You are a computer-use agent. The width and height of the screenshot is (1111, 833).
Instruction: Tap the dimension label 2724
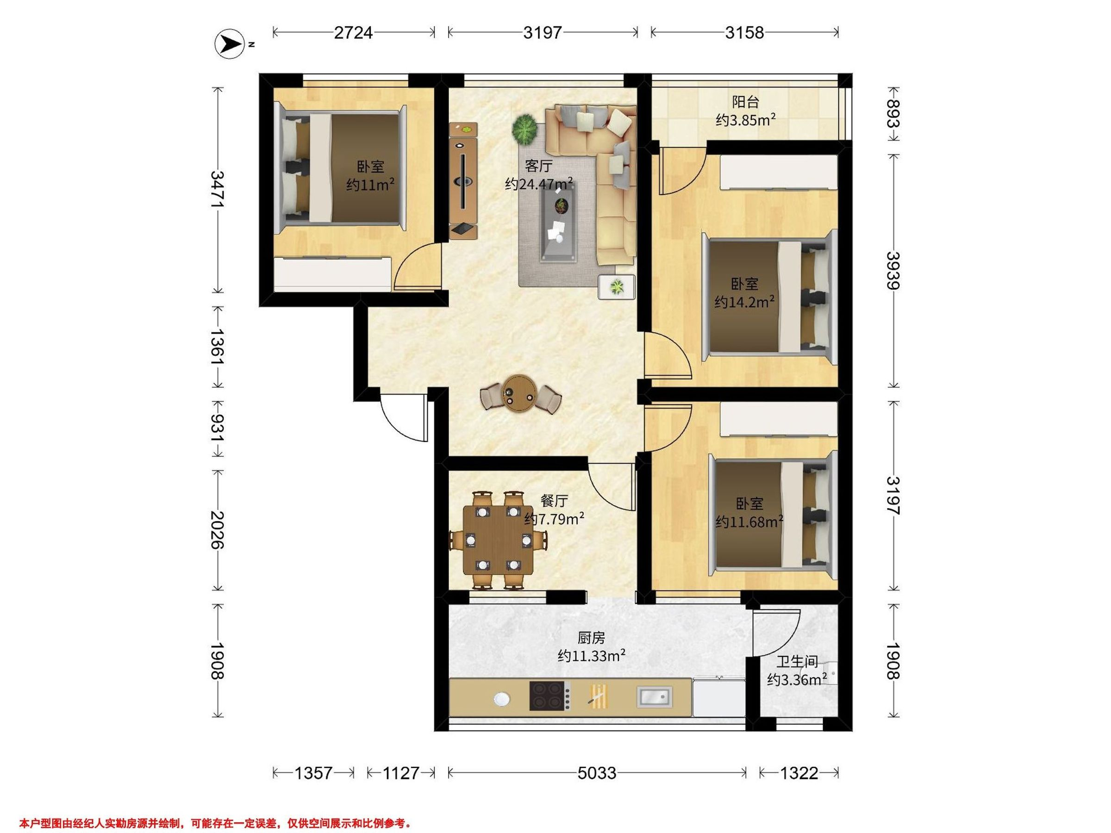[354, 33]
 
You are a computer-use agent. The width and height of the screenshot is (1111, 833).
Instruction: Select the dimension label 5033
[597, 773]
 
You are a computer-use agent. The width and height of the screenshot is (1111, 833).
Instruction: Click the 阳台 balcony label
[745, 102]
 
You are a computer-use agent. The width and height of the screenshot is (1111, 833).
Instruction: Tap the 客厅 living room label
[539, 166]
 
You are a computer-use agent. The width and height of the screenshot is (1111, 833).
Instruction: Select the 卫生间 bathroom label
[797, 662]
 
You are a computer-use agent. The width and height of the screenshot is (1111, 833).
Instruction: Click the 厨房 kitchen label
[591, 638]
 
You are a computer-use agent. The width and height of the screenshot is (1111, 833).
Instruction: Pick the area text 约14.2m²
[744, 302]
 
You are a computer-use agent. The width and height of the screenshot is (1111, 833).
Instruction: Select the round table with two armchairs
[521, 394]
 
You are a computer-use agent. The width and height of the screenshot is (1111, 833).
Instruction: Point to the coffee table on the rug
[559, 221]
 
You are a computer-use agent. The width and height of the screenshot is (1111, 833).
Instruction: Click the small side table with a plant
[616, 287]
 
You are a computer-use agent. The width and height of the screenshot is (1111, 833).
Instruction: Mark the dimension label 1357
[313, 773]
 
